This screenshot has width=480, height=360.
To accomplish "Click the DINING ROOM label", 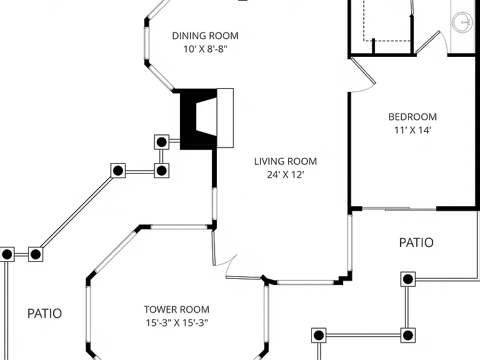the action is [x=205, y=36].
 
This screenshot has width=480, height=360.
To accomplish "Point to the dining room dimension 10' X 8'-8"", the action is [x=206, y=49].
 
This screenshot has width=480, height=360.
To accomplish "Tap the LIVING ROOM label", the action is [x=285, y=161].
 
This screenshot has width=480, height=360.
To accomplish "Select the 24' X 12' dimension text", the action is [x=285, y=175].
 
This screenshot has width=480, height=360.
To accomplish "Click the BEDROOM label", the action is [x=412, y=117].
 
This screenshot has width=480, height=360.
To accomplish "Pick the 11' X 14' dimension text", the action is [x=412, y=131].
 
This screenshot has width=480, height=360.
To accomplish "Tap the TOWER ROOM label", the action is [x=177, y=309].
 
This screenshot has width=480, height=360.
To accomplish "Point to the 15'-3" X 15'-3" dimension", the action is [x=177, y=323].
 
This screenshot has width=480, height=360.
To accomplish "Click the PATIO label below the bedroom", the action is [x=416, y=242].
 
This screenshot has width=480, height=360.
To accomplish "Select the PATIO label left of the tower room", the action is [x=45, y=314].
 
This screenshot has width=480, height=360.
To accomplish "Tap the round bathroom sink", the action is [x=462, y=22].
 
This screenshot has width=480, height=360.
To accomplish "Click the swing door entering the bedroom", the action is [x=363, y=71].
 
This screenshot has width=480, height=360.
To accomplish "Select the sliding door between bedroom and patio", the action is [x=399, y=209].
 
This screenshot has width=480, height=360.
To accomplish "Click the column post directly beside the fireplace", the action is [x=162, y=142].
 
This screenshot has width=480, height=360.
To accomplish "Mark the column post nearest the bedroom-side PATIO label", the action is [x=408, y=279].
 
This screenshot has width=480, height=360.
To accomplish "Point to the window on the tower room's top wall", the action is [x=179, y=227].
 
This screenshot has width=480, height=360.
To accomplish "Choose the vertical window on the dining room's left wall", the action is [x=146, y=43].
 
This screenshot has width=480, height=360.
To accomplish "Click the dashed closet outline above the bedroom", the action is [x=387, y=21].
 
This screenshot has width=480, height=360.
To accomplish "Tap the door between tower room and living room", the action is [x=214, y=248].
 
